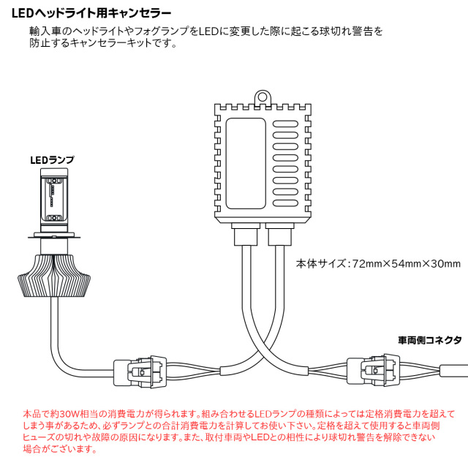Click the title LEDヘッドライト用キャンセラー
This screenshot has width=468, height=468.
91,13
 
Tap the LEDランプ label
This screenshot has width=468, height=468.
52,160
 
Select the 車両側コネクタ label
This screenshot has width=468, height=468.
430,340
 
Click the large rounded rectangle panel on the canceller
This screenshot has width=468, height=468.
246,163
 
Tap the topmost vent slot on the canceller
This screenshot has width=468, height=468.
285,124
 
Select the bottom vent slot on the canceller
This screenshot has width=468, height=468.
285,203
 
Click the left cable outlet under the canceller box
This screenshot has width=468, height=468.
246,234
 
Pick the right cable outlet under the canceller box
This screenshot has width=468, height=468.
279,234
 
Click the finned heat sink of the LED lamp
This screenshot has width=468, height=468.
54,276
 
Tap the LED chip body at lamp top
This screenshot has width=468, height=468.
54,199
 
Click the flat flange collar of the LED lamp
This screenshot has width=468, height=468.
54,237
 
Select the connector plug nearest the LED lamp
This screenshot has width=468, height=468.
140,371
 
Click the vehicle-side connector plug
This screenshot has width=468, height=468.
373,370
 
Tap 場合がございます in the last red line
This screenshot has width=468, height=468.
60,448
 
